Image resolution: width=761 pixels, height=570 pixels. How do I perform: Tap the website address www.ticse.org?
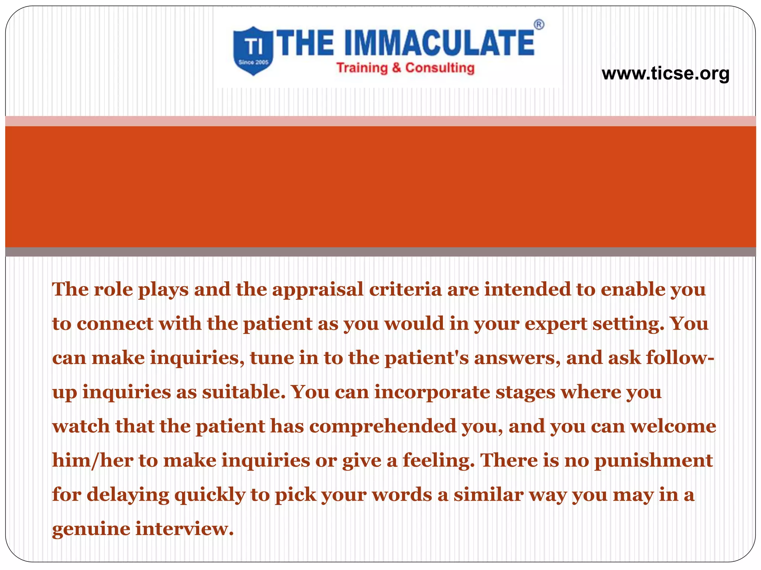(665, 73)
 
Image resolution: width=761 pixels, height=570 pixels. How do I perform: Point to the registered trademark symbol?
(539, 25)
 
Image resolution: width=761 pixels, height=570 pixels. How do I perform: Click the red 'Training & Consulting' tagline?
(405, 68)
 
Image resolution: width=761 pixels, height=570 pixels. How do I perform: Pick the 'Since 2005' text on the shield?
(253, 62)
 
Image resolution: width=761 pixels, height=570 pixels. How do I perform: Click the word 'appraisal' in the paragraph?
(318, 289)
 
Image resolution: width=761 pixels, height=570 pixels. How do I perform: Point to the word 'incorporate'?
(432, 392)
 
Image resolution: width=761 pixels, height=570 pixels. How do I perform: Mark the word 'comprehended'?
(383, 426)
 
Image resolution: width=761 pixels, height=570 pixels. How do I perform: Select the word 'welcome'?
(673, 426)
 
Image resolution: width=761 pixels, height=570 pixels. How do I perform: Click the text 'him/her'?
(93, 461)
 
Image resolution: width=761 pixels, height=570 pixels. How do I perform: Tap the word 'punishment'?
(654, 461)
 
